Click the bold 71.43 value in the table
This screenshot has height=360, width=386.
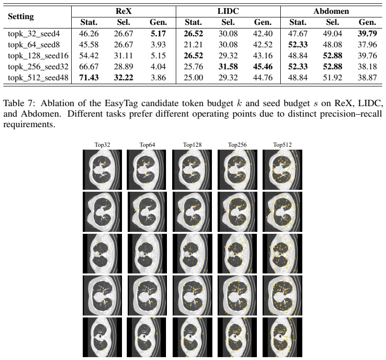(88, 78)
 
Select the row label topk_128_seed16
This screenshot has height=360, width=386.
(38, 56)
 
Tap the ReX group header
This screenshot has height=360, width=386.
(123, 11)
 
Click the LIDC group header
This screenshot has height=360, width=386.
(228, 11)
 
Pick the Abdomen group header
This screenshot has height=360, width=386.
(331, 11)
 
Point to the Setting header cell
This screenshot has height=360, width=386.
(21, 16)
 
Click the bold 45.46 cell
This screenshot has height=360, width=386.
(263, 66)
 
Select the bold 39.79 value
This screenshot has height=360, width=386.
(367, 33)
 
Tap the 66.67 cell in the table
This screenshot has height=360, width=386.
(88, 66)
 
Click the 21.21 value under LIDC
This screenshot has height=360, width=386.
(193, 44)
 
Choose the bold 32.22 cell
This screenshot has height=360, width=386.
(123, 78)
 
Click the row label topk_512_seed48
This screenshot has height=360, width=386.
(38, 78)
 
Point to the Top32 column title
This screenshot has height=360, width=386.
(102, 145)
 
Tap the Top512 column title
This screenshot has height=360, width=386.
(282, 145)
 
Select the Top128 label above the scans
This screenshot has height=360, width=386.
(192, 145)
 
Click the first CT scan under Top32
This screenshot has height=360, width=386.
(102, 170)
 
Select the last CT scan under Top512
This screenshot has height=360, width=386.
(282, 337)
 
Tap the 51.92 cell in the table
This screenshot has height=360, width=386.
(332, 78)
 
